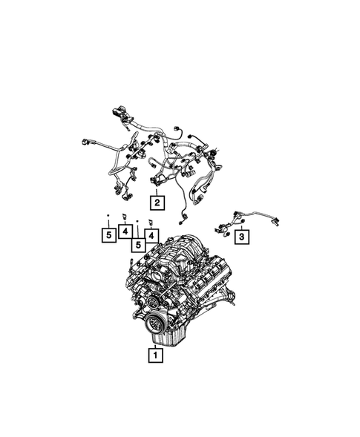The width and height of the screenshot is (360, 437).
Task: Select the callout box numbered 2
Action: pos(157,200)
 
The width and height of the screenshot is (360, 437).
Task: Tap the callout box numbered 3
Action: pos(240,237)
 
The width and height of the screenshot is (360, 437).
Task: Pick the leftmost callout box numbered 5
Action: pos(108,237)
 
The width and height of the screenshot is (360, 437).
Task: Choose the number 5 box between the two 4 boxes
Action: pos(137,242)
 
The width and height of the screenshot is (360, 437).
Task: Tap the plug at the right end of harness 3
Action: pos(275,220)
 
